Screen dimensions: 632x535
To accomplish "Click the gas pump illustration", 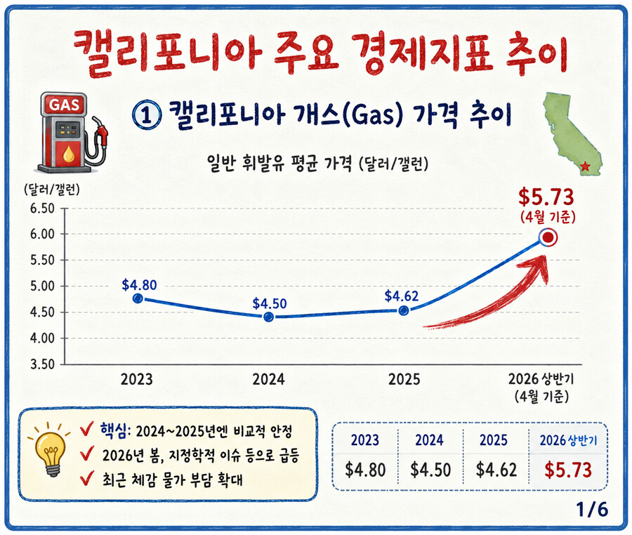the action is (72, 132).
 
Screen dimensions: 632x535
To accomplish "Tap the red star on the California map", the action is (585, 166).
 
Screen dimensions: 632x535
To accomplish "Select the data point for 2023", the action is (138, 298).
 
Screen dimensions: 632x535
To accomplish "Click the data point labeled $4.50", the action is (268, 317).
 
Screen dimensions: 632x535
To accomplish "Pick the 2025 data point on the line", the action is (404, 310).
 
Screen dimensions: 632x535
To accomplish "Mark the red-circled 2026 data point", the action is (548, 238).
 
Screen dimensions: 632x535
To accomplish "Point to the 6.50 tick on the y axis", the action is (42, 209).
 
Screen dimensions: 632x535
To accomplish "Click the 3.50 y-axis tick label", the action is (42, 364).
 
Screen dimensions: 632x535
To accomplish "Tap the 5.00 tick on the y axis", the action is (42, 286).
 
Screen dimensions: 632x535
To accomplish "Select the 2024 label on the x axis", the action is (268, 380).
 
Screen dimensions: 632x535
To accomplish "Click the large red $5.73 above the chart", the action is (546, 197).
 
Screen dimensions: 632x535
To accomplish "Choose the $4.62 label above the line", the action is (402, 296).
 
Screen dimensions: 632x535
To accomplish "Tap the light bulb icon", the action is (50, 449).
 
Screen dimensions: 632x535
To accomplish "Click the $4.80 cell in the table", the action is (365, 470).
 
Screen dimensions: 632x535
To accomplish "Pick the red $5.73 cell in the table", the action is (568, 470).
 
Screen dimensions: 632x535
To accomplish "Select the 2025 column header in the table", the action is (494, 440).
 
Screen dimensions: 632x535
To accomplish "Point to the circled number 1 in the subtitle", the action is (147, 115).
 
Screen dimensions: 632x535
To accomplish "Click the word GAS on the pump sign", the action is (64, 105).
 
